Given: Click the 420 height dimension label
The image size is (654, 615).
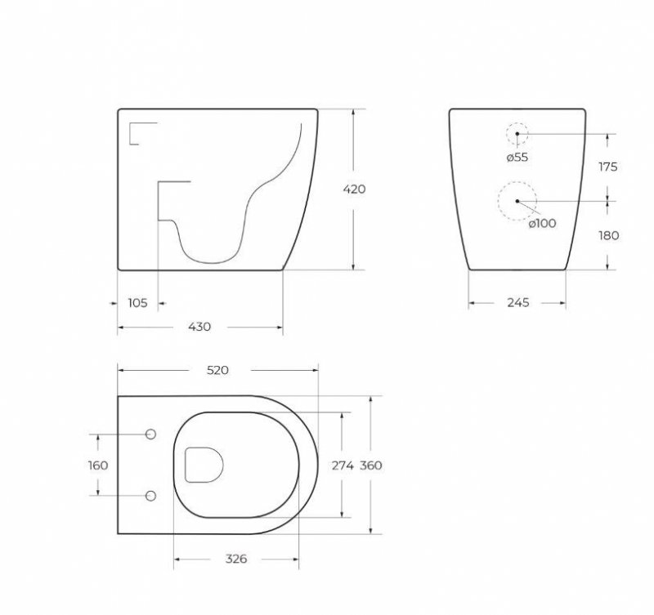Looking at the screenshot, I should [x=354, y=189].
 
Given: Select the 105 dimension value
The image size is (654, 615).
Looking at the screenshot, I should [x=137, y=303].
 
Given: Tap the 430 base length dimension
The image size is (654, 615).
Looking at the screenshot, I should [x=199, y=327].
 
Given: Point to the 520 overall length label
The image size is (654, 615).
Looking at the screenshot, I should [x=217, y=370].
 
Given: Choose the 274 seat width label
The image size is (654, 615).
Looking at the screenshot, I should [x=342, y=466].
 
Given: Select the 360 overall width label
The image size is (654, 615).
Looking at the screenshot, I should [x=371, y=466].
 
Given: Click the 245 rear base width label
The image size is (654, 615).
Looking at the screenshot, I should [x=518, y=302].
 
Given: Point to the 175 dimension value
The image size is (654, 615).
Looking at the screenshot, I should [x=608, y=167].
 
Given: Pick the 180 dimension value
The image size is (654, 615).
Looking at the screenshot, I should [x=608, y=235].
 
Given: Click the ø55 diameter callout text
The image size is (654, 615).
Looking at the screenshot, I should [x=517, y=157].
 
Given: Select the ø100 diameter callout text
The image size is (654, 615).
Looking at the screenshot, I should [x=542, y=223].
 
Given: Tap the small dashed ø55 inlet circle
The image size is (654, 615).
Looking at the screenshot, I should [x=517, y=133].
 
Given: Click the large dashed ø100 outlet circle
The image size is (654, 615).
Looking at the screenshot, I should [x=517, y=201].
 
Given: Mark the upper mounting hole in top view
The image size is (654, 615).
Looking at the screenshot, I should [x=150, y=435].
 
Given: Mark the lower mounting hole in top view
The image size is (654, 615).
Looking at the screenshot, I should [x=150, y=496].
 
